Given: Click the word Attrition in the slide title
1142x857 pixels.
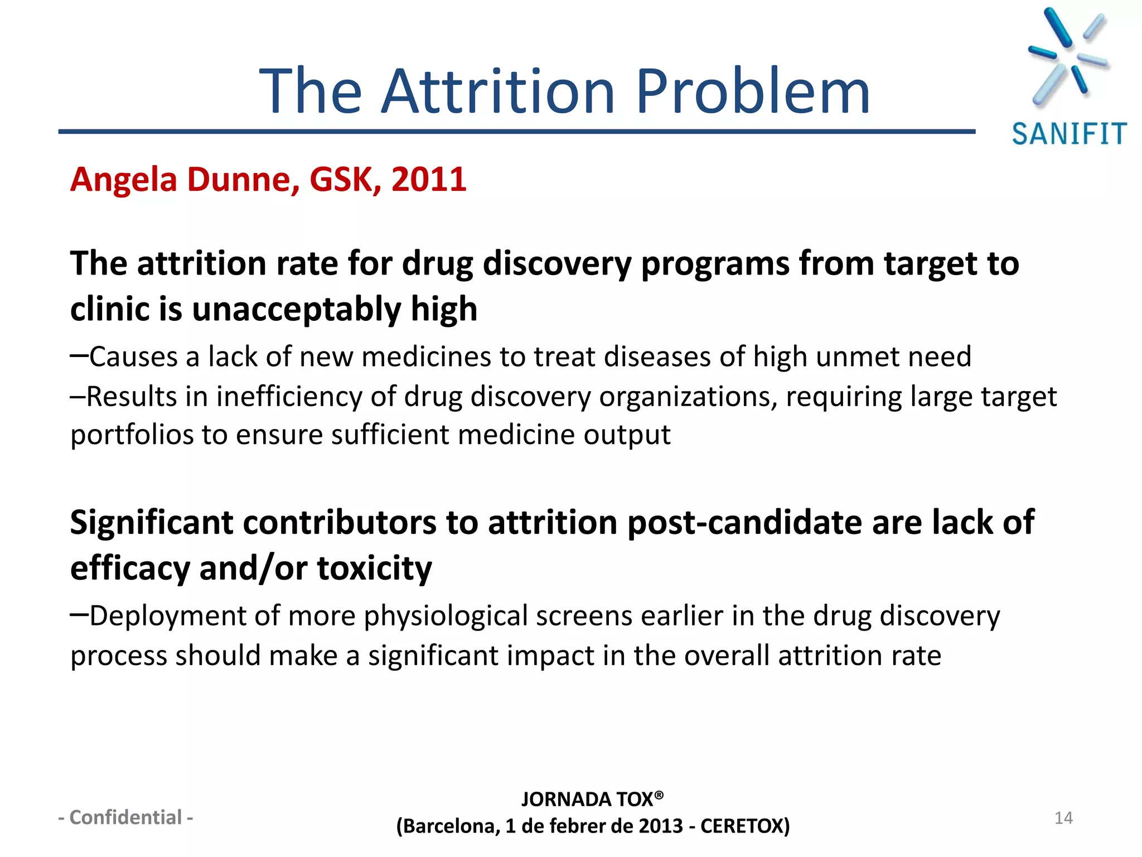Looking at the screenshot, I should [499, 92].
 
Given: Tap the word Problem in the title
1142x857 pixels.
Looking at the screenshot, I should [753, 92].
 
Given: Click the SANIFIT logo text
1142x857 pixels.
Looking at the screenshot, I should [1069, 134].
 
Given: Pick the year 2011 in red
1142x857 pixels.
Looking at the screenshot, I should [429, 180].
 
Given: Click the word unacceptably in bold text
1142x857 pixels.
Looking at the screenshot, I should [296, 310].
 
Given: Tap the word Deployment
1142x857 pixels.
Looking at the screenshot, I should [168, 617].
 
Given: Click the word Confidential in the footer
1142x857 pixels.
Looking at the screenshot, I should [125, 817].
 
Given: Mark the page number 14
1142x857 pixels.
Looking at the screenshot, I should [1063, 818].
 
